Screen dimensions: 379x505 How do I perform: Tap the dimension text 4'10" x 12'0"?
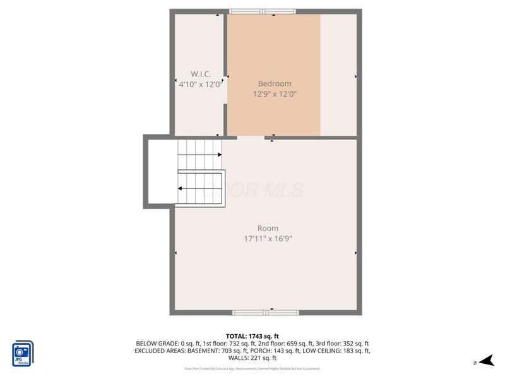(x=199, y=83)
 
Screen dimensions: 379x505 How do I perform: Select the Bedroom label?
(x=275, y=83)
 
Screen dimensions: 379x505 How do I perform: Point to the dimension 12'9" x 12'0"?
(x=275, y=93)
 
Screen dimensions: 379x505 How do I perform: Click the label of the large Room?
(x=268, y=228)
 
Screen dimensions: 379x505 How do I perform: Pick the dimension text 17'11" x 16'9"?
(x=268, y=239)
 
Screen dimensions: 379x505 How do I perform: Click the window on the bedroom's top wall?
(x=262, y=11)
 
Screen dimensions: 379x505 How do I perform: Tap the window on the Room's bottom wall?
(x=266, y=312)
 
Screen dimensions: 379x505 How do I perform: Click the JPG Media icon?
(x=23, y=354)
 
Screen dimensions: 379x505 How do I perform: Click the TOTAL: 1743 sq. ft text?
(x=252, y=335)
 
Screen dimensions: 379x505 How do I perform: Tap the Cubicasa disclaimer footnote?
(x=252, y=368)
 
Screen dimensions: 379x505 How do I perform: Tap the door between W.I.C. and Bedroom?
(x=225, y=89)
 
